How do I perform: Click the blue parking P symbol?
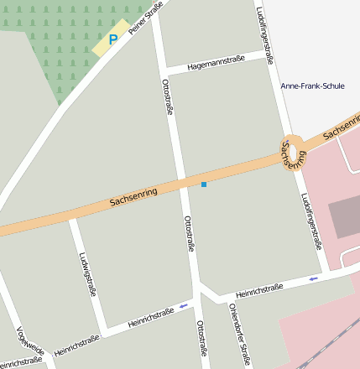pyautogui.click(x=113, y=39)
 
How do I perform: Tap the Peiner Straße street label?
pyautogui.click(x=145, y=20)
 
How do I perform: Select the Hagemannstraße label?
pyautogui.click(x=216, y=60)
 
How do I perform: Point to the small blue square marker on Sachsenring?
pyautogui.click(x=203, y=184)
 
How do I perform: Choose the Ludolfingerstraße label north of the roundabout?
pyautogui.click(x=265, y=36)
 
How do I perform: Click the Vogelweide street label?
pyautogui.click(x=30, y=340)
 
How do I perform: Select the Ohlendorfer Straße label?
pyautogui.click(x=238, y=335)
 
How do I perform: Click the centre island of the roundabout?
pyautogui.click(x=292, y=148)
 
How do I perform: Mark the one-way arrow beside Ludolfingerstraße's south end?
pyautogui.click(x=314, y=278)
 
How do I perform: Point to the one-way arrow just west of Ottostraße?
pyautogui.click(x=183, y=306)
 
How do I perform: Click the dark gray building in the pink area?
pyautogui.click(x=344, y=217)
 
